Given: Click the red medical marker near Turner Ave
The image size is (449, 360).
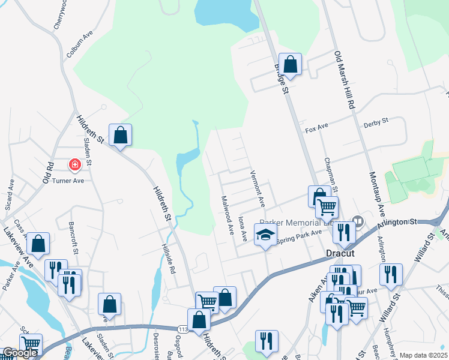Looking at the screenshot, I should [x=75, y=164].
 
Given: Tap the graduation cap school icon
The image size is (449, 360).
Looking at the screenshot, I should [x=264, y=235].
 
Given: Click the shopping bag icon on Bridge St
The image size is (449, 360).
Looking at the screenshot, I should [x=290, y=64].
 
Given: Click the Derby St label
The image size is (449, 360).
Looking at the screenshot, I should [x=376, y=121].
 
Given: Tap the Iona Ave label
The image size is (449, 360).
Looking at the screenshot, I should [x=243, y=229].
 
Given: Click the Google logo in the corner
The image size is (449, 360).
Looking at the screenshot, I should [x=20, y=353].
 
